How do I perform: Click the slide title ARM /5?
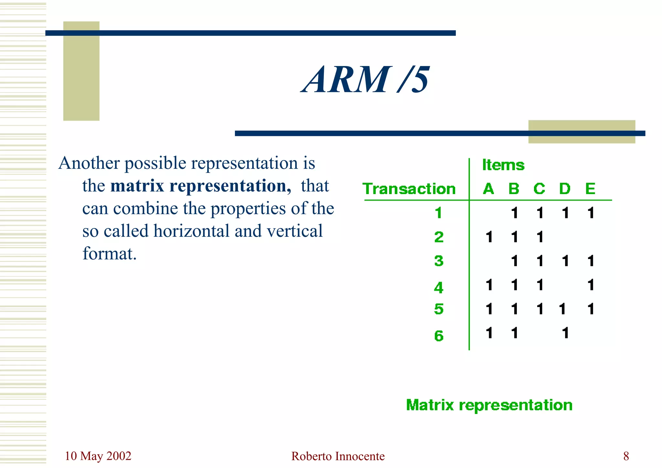coord(365,80)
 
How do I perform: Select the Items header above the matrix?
coord(503,165)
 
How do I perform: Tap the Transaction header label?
coord(409,189)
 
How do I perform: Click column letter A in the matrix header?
coord(488,189)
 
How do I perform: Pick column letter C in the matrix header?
coord(539,189)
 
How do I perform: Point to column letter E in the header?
coord(590,189)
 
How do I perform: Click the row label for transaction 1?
coord(438,213)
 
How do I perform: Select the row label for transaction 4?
coord(438,288)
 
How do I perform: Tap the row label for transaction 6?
coord(439,336)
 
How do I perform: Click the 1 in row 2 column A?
coord(489,237)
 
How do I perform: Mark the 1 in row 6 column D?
coord(565,333)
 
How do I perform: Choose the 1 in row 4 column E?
coord(591,285)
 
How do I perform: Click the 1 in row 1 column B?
coord(515,213)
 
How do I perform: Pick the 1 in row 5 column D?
coord(562,309)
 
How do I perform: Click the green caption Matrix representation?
coord(489,405)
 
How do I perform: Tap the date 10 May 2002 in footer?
coord(98,456)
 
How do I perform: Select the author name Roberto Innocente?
coord(338,456)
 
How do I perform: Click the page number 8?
coord(626,456)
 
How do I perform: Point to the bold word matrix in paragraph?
coord(137,186)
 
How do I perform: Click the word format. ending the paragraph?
coord(110,254)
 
